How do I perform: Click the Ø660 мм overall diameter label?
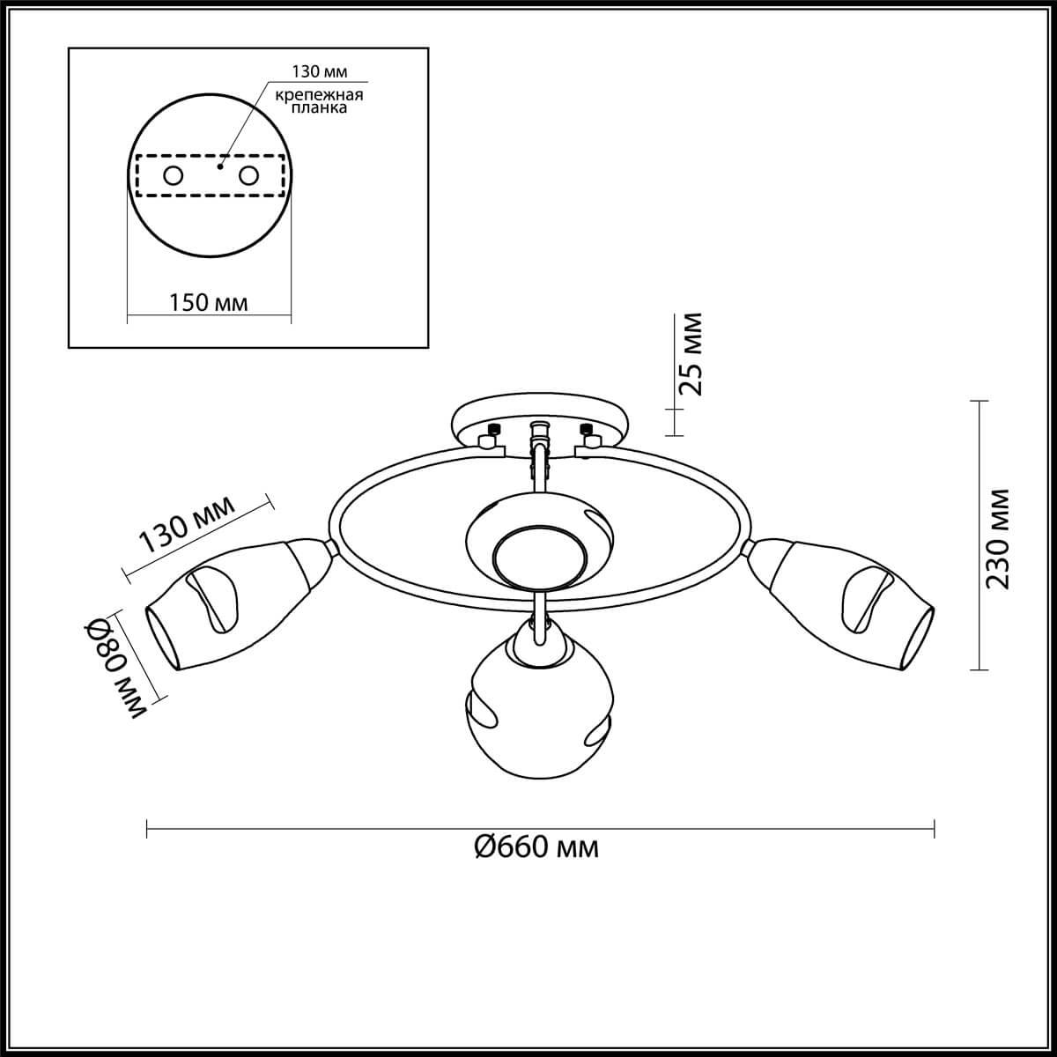tap(536, 848)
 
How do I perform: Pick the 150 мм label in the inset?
tap(208, 303)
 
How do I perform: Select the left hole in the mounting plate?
tap(174, 176)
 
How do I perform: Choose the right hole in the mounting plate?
tap(249, 176)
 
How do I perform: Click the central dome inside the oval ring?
tap(538, 546)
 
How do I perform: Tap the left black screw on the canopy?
tap(492, 429)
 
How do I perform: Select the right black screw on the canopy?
tap(585, 429)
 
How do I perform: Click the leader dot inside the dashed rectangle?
tap(221, 164)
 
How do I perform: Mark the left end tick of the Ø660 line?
tap(146, 829)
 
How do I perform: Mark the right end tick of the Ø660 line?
tap(934, 829)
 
